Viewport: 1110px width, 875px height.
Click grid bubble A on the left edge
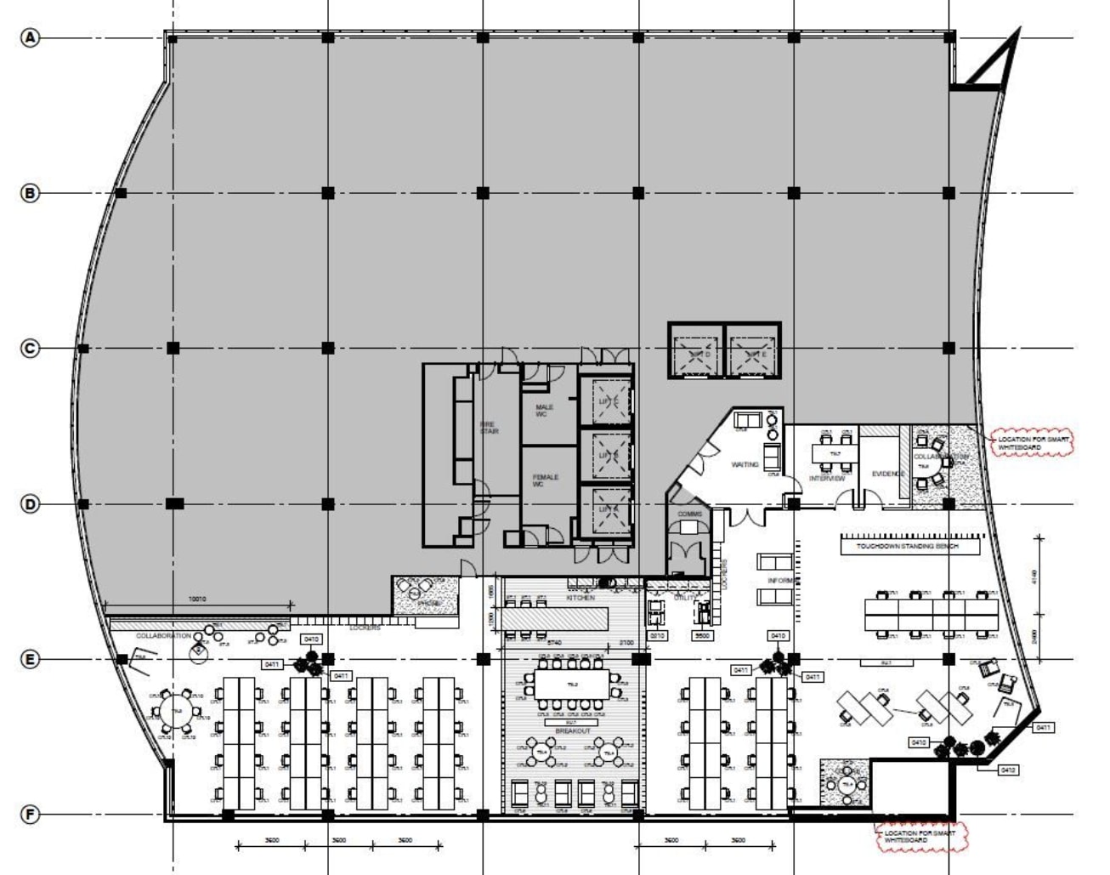pyautogui.click(x=31, y=37)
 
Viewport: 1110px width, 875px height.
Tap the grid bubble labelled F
pyautogui.click(x=31, y=815)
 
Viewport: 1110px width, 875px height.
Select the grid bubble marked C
pyautogui.click(x=31, y=349)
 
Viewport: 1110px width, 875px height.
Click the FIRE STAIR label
pyautogui.click(x=488, y=428)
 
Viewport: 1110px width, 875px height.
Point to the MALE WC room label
pyautogui.click(x=544, y=411)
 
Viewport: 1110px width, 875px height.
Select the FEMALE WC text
pyautogui.click(x=545, y=480)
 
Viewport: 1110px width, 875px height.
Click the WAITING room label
pyautogui.click(x=745, y=464)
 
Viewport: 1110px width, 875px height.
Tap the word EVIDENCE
pyautogui.click(x=888, y=474)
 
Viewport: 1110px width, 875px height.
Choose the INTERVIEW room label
pyautogui.click(x=826, y=479)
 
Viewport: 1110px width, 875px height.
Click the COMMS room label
pyautogui.click(x=689, y=514)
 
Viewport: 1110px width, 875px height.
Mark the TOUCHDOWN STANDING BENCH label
pyautogui.click(x=907, y=546)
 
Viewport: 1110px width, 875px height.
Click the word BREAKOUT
pyautogui.click(x=572, y=730)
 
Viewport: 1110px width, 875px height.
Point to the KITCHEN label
pyautogui.click(x=580, y=599)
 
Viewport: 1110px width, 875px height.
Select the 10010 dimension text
pyautogui.click(x=196, y=599)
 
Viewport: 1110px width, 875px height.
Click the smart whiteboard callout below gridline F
pyautogui.click(x=919, y=837)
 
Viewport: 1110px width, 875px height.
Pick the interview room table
pyautogui.click(x=835, y=454)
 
